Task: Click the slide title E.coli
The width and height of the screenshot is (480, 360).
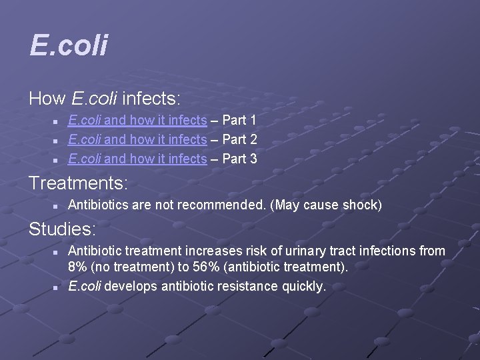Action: [x=69, y=46]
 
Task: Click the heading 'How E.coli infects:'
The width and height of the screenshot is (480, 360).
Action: [x=104, y=99]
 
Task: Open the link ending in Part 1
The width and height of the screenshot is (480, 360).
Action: [x=137, y=121]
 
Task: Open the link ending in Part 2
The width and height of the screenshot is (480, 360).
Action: [x=137, y=140]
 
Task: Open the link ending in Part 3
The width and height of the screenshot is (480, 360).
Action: [x=137, y=159]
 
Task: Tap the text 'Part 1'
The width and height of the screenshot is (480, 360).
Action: [x=239, y=121]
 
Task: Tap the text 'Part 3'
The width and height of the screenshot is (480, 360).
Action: [x=239, y=159]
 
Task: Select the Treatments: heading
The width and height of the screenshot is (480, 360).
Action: [x=78, y=182]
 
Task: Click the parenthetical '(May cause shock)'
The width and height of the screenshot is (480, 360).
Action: [x=326, y=205]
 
